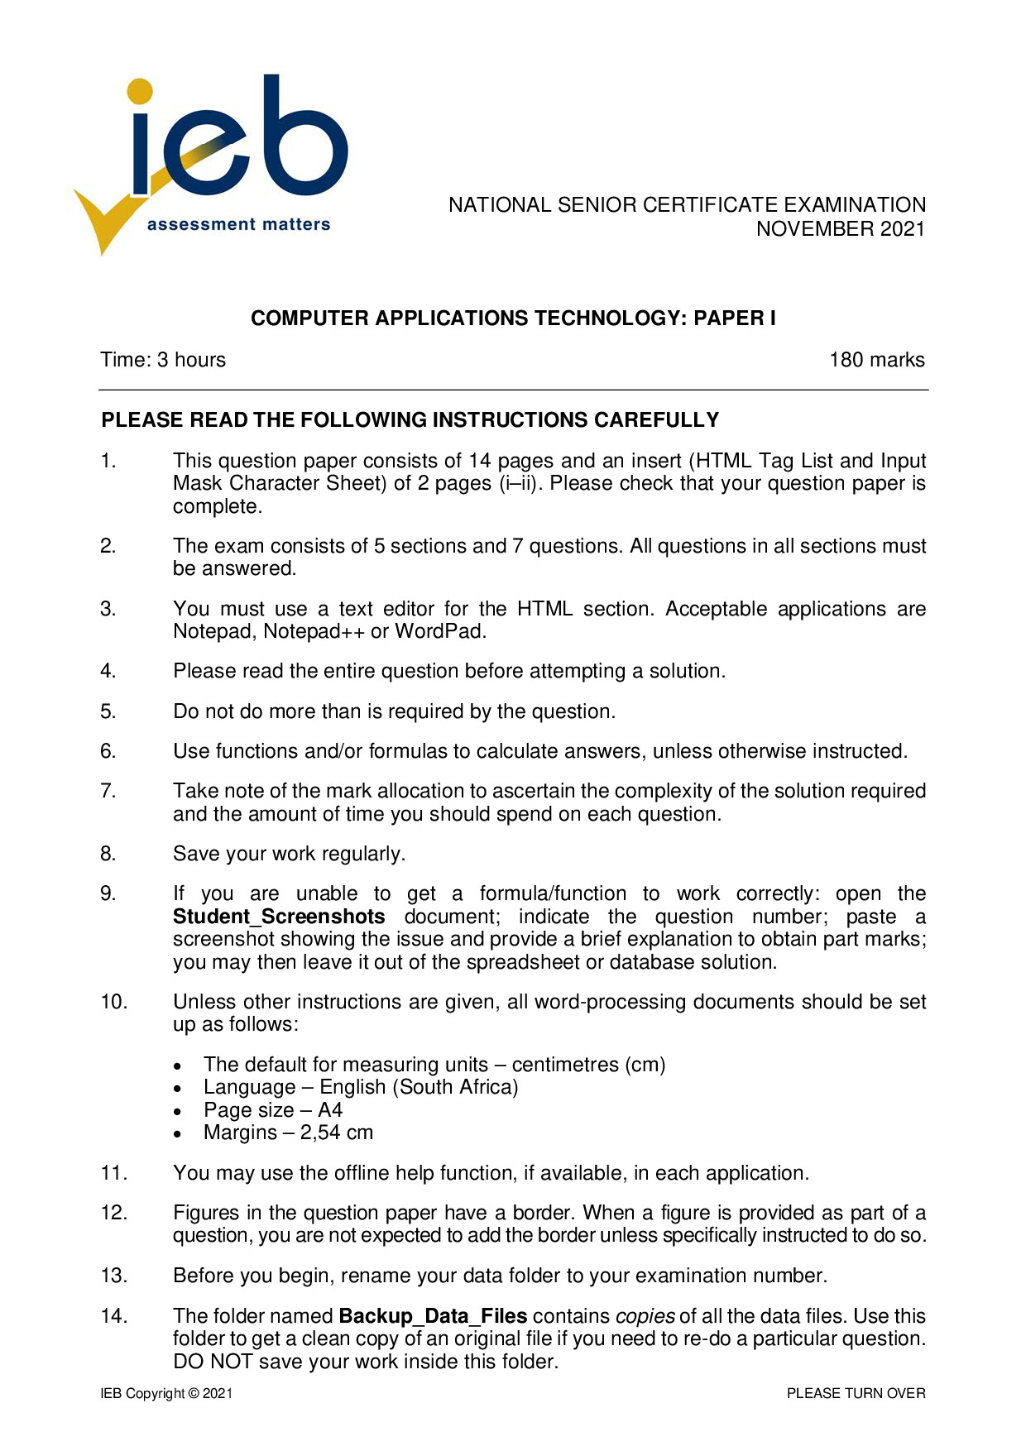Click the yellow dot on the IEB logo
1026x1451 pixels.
tap(141, 92)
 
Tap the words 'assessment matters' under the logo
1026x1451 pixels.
tap(238, 224)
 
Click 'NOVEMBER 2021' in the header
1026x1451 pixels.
tap(840, 229)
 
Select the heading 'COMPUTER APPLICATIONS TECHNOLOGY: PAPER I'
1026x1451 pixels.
tap(513, 318)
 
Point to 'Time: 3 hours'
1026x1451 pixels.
tap(163, 360)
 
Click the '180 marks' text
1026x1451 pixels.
tap(876, 360)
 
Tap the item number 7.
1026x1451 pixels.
tap(108, 791)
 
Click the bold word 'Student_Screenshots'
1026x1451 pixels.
tap(279, 917)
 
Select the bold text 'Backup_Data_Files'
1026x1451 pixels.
tap(433, 1316)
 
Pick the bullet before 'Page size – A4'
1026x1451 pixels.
tap(178, 1112)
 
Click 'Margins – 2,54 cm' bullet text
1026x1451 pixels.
tap(288, 1133)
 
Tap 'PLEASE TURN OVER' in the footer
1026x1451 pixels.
tap(856, 1394)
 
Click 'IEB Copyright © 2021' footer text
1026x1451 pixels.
tap(166, 1394)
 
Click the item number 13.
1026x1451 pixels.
tap(114, 1276)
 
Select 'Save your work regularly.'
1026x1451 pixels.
tap(289, 854)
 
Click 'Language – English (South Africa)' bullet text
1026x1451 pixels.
tap(361, 1087)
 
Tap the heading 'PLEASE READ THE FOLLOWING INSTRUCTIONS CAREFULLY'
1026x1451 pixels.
tap(410, 420)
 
